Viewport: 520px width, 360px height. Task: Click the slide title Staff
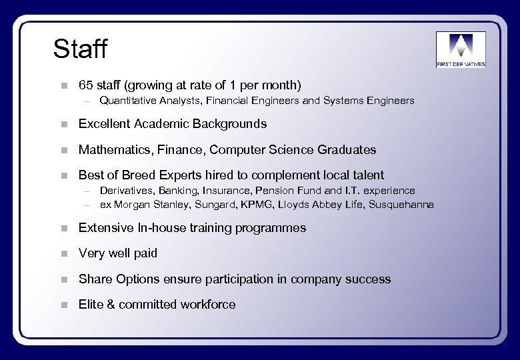[80, 49]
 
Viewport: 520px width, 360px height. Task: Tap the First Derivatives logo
[461, 49]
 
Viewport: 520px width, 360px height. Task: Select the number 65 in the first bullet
[85, 85]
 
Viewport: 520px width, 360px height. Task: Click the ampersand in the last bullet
[111, 305]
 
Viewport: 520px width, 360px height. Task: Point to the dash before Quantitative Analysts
[85, 101]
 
